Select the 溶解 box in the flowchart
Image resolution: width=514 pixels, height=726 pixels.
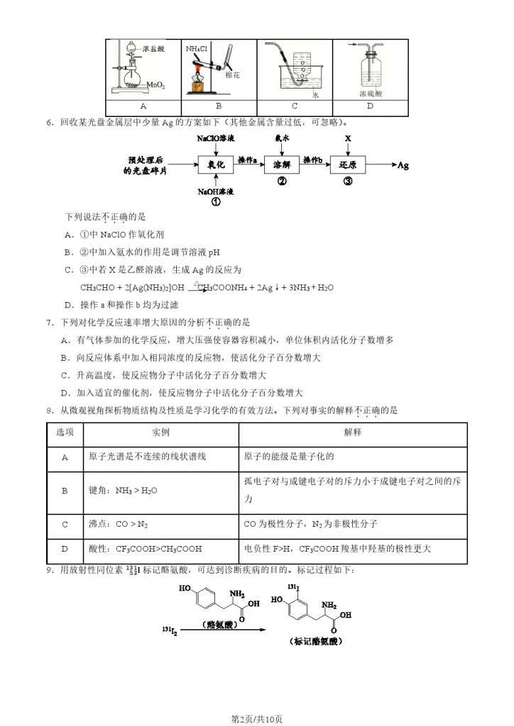coord(282,164)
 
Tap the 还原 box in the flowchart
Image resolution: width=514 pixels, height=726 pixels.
coord(348,164)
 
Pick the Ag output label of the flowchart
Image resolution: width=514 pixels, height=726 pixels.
coord(403,165)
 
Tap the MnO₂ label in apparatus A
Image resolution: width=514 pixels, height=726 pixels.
coord(157,86)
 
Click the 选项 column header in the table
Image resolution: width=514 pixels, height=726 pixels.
coord(65,432)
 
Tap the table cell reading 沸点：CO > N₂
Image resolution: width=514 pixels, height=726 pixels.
coord(119,525)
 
